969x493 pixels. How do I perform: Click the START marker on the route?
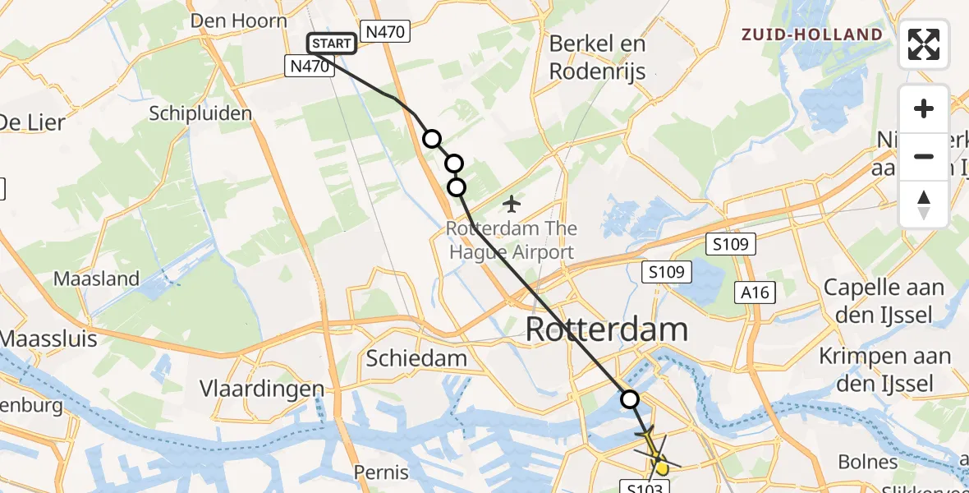[x=332, y=44]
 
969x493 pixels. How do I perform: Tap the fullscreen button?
[x=924, y=44]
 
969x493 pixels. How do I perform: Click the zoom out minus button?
[x=924, y=156]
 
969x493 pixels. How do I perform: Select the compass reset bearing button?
[x=924, y=204]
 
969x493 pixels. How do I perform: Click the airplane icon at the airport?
[x=512, y=202]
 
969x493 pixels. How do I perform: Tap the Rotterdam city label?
[x=606, y=330]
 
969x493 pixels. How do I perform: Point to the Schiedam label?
[x=416, y=358]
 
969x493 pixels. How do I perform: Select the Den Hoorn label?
[x=239, y=21]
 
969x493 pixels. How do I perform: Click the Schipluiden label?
[x=200, y=113]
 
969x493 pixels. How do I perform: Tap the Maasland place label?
[x=96, y=279]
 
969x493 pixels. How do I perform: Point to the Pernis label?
[x=381, y=472]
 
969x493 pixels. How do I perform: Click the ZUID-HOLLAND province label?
[x=811, y=35]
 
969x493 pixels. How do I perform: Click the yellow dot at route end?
[x=662, y=468]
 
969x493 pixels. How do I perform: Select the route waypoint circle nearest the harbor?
[x=630, y=399]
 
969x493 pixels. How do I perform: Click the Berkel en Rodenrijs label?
[x=597, y=57]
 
